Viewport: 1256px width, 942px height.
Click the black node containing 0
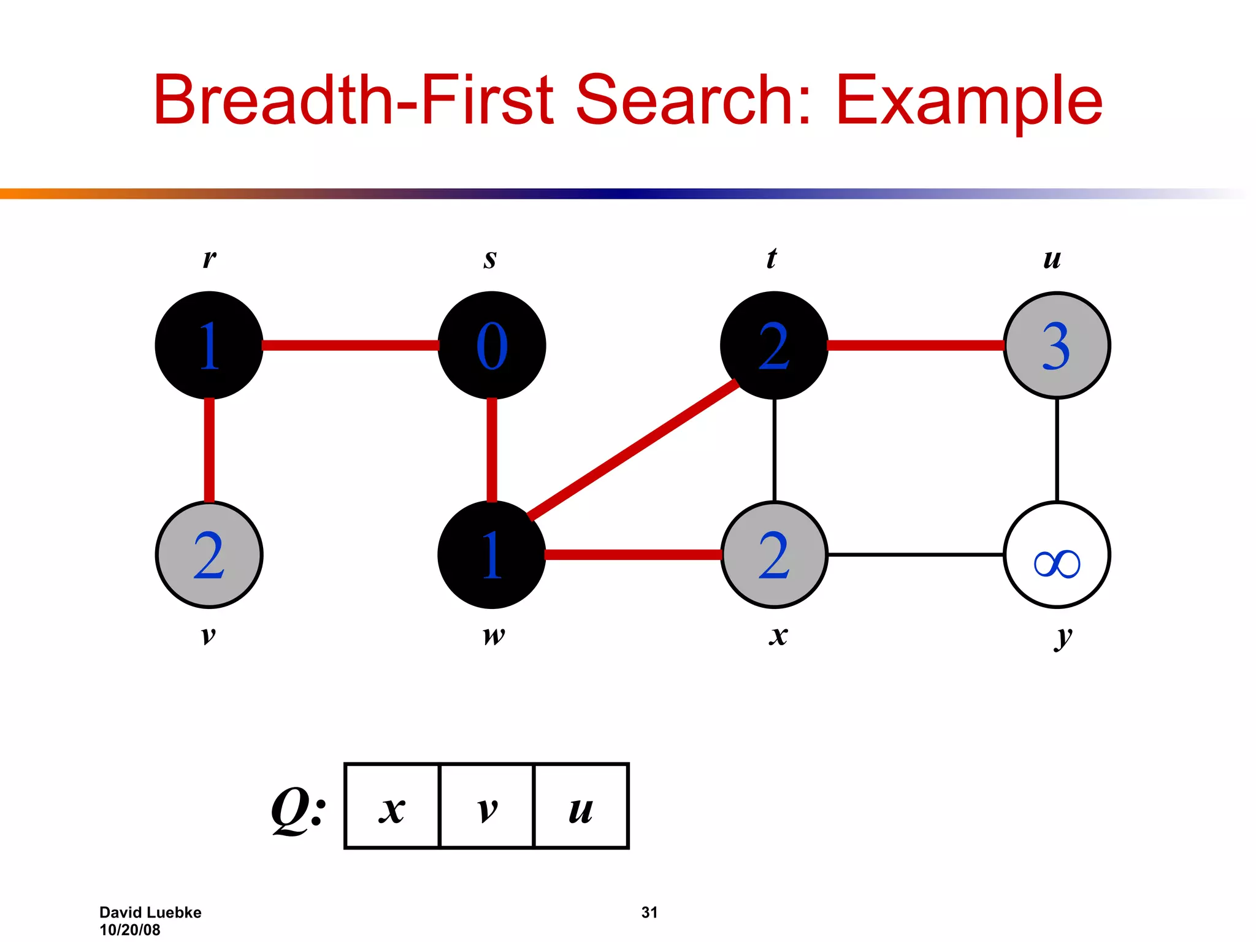pyautogui.click(x=491, y=345)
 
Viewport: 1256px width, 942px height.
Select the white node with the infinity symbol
pyautogui.click(x=1056, y=555)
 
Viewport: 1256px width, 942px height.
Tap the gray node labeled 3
pyautogui.click(x=1056, y=345)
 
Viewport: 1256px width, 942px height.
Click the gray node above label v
pyautogui.click(x=209, y=555)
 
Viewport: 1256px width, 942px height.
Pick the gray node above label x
pyautogui.click(x=774, y=555)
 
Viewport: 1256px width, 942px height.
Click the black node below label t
pyautogui.click(x=774, y=345)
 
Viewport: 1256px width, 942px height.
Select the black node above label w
pyautogui.click(x=491, y=555)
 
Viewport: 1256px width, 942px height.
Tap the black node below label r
pyautogui.click(x=209, y=345)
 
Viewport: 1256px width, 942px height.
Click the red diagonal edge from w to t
pyautogui.click(x=632, y=450)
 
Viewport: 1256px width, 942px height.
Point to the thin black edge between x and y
pyautogui.click(x=915, y=554)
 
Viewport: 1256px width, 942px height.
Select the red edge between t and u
pyautogui.click(x=915, y=346)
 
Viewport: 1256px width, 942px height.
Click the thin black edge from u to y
pyautogui.click(x=1057, y=450)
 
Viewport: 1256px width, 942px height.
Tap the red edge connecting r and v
pyautogui.click(x=209, y=450)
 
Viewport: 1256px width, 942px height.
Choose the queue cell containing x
pyautogui.click(x=392, y=806)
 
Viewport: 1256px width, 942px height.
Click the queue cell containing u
pyautogui.click(x=581, y=806)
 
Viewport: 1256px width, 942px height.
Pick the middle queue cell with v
pyautogui.click(x=487, y=806)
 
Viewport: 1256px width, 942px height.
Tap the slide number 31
pyautogui.click(x=649, y=913)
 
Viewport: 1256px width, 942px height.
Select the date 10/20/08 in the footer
pyautogui.click(x=130, y=930)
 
